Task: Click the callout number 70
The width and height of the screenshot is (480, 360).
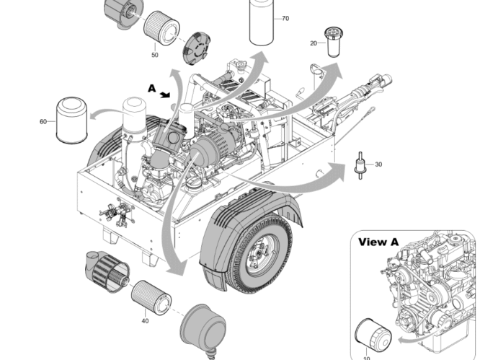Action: [285, 18]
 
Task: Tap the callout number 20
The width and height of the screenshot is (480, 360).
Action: [314, 43]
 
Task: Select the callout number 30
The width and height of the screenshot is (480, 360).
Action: [378, 164]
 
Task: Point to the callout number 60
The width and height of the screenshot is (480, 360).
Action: [43, 121]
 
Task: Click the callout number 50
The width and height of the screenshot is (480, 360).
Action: [155, 54]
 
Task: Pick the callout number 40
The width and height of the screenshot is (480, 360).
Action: [145, 320]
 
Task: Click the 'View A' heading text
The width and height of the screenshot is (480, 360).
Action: [378, 242]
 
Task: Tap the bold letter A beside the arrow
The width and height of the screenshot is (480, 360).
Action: [151, 88]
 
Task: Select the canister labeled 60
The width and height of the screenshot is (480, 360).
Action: [71, 120]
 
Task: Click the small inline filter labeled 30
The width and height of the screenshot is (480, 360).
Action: [359, 165]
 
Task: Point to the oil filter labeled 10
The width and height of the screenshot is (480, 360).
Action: [373, 337]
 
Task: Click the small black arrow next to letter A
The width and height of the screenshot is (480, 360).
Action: [166, 94]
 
